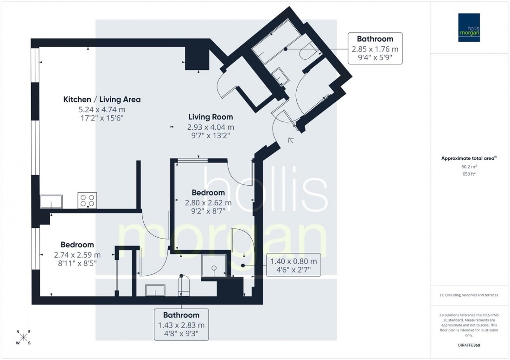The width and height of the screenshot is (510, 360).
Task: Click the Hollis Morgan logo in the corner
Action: (x=469, y=27)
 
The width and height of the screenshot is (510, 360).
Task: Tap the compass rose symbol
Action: (x=23, y=337)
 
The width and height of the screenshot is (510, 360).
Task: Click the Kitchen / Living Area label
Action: (x=102, y=99)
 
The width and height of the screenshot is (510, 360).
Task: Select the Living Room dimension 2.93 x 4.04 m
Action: (x=210, y=126)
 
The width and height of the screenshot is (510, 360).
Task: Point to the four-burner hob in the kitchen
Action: (x=87, y=200)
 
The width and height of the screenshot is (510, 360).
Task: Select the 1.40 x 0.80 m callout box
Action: (x=294, y=265)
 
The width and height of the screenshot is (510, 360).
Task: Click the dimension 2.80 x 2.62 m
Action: (x=208, y=202)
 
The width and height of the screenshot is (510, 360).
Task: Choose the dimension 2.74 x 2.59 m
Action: (x=77, y=255)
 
